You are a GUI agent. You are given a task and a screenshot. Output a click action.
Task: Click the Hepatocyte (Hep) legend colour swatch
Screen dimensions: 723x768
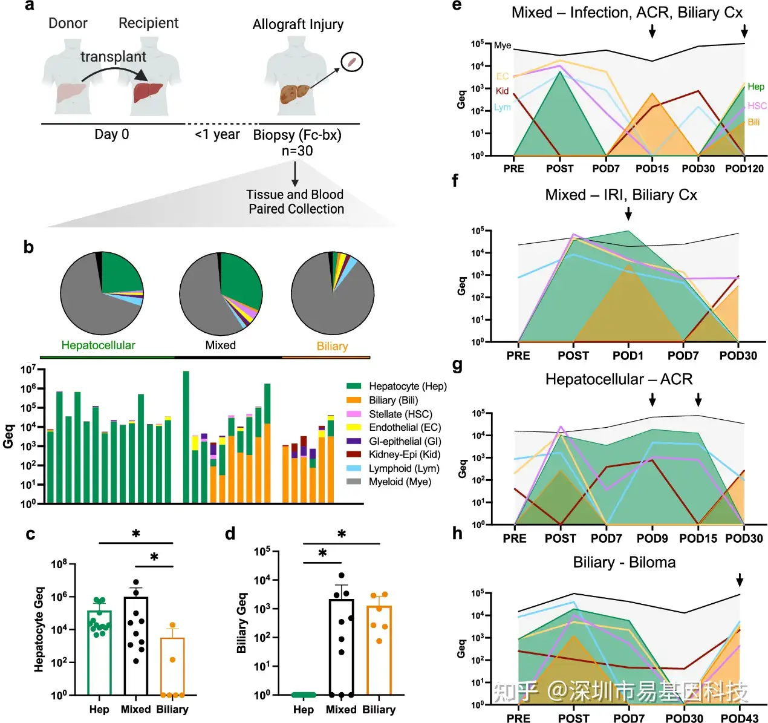(x=354, y=386)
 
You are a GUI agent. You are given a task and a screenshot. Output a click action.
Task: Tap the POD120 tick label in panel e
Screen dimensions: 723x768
(x=744, y=169)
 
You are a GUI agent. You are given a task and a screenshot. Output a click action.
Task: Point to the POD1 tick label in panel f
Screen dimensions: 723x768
(x=628, y=356)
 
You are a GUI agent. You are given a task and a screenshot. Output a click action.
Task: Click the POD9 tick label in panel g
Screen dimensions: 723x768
(x=652, y=538)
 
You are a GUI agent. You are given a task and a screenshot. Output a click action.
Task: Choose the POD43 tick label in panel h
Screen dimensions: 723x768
(x=739, y=718)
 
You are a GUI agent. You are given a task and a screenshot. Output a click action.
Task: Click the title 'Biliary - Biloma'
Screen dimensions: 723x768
(x=624, y=563)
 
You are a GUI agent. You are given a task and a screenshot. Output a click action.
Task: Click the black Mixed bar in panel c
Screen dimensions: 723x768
(x=136, y=645)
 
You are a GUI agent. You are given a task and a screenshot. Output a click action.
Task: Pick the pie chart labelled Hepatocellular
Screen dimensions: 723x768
(x=102, y=293)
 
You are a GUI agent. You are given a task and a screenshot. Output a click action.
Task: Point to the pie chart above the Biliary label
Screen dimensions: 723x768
(x=333, y=293)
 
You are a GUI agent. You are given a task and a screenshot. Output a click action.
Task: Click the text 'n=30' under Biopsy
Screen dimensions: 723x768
(x=297, y=151)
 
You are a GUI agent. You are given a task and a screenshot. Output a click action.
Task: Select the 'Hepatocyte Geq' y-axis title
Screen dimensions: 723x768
(x=39, y=629)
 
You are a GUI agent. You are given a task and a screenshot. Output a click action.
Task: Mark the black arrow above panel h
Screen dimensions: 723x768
(x=739, y=581)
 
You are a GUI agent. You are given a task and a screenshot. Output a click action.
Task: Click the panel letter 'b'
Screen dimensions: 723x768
(x=28, y=247)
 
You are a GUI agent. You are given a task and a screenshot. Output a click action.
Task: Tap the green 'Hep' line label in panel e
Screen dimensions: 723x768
(x=755, y=87)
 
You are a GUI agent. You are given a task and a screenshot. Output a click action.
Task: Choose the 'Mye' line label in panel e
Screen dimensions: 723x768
(x=503, y=45)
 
